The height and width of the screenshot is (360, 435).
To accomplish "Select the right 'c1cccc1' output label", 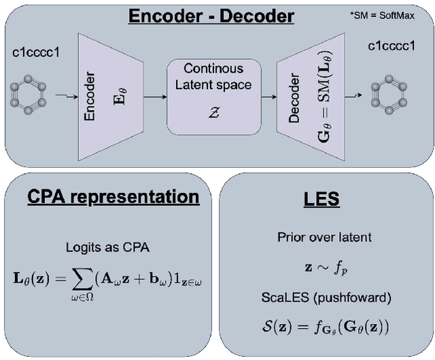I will (x=392, y=46).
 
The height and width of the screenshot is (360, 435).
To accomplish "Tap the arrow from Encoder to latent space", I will (x=155, y=96).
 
